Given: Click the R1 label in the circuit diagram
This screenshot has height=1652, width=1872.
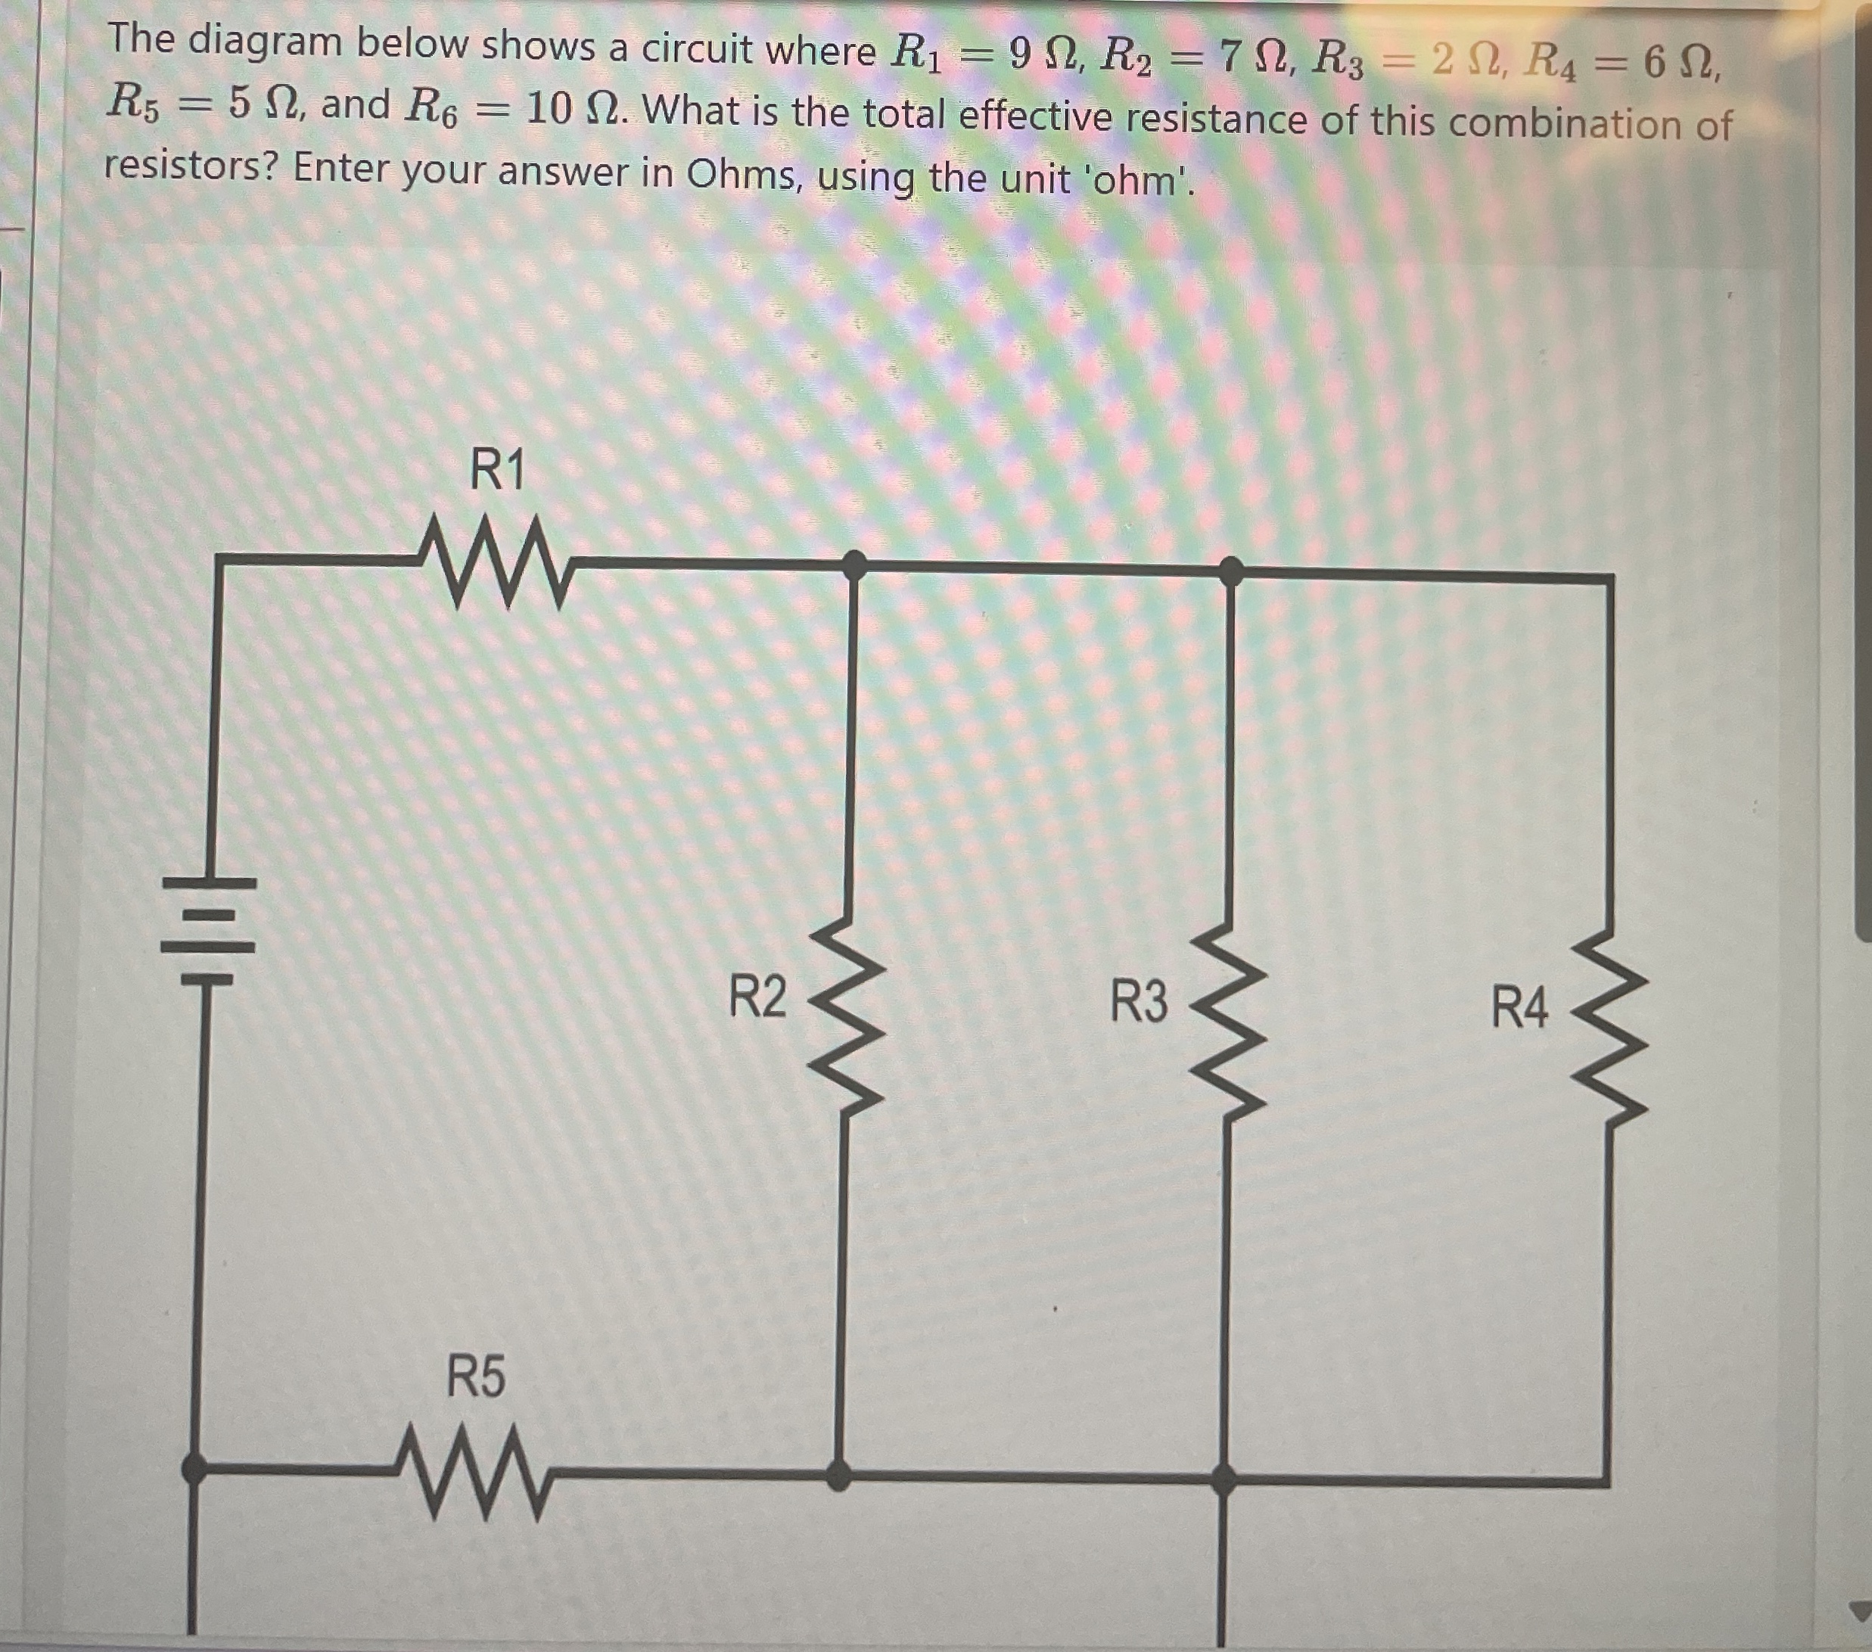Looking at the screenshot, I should pyautogui.click(x=497, y=471).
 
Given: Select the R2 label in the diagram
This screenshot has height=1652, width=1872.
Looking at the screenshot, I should pyautogui.click(x=757, y=997).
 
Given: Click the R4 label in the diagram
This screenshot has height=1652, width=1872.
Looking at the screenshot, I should pyautogui.click(x=1519, y=1007).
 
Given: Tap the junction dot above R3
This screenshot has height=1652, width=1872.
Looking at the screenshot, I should pyautogui.click(x=1232, y=571).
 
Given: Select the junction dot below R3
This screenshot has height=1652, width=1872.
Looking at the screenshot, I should pyautogui.click(x=1224, y=1477).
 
